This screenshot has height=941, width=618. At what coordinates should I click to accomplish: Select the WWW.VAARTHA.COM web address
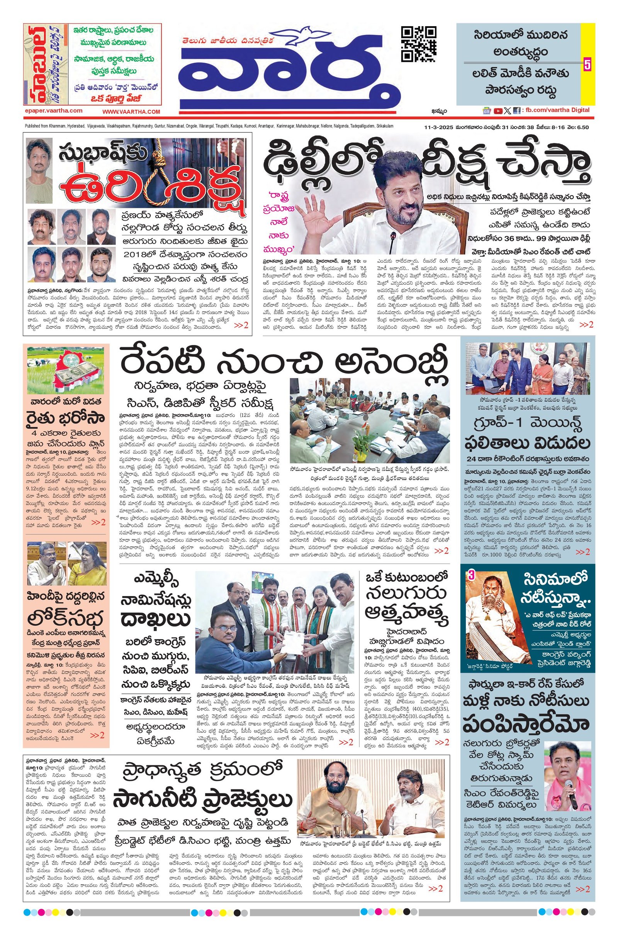pyautogui.click(x=131, y=112)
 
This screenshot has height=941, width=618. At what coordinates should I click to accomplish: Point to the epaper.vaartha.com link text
pyautogui.click(x=53, y=111)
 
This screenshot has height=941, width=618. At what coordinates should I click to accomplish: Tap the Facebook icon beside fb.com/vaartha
pyautogui.click(x=516, y=111)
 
